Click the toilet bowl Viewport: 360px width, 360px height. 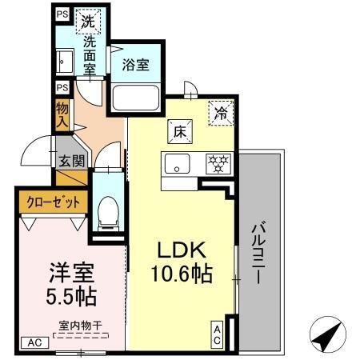(x=106, y=210)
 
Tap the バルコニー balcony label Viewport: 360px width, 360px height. (x=260, y=247)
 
